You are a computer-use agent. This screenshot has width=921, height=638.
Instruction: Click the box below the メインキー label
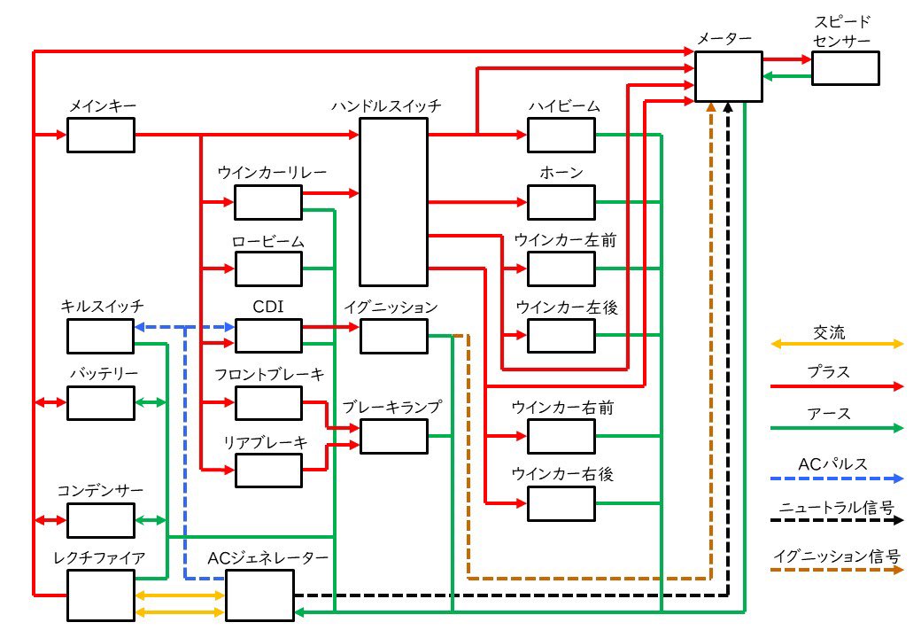(x=101, y=135)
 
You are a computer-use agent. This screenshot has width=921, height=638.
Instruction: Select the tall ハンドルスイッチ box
(x=393, y=202)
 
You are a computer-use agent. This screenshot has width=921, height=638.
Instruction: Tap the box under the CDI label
(x=268, y=336)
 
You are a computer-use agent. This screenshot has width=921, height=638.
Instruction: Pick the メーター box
(x=728, y=76)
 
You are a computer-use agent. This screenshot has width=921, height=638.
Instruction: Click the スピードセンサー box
(x=846, y=68)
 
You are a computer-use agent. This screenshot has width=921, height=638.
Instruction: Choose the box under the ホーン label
(x=561, y=202)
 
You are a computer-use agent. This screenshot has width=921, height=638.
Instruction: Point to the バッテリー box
(x=101, y=403)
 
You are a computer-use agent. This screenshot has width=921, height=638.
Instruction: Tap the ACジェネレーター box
(x=259, y=595)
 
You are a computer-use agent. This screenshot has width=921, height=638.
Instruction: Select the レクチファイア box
(x=101, y=595)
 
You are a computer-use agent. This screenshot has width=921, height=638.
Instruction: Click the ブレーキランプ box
(x=393, y=437)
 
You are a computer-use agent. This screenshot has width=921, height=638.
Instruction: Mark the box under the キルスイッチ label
(x=100, y=336)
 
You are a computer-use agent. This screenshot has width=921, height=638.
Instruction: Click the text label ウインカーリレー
(x=272, y=173)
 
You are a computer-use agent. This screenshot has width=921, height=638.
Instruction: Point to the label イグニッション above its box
(x=391, y=307)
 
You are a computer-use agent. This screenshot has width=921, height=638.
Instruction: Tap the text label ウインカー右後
(x=562, y=473)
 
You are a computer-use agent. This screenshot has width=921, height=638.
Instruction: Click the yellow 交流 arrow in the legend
(x=837, y=344)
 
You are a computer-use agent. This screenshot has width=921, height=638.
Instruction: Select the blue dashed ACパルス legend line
(x=837, y=478)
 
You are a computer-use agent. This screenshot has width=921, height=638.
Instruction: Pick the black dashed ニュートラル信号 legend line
(x=837, y=520)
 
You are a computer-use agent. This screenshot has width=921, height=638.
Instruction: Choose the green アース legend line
(x=837, y=428)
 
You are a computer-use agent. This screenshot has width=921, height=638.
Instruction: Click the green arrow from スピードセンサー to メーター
(x=787, y=76)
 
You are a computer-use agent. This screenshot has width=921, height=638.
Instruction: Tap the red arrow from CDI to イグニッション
(x=331, y=327)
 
